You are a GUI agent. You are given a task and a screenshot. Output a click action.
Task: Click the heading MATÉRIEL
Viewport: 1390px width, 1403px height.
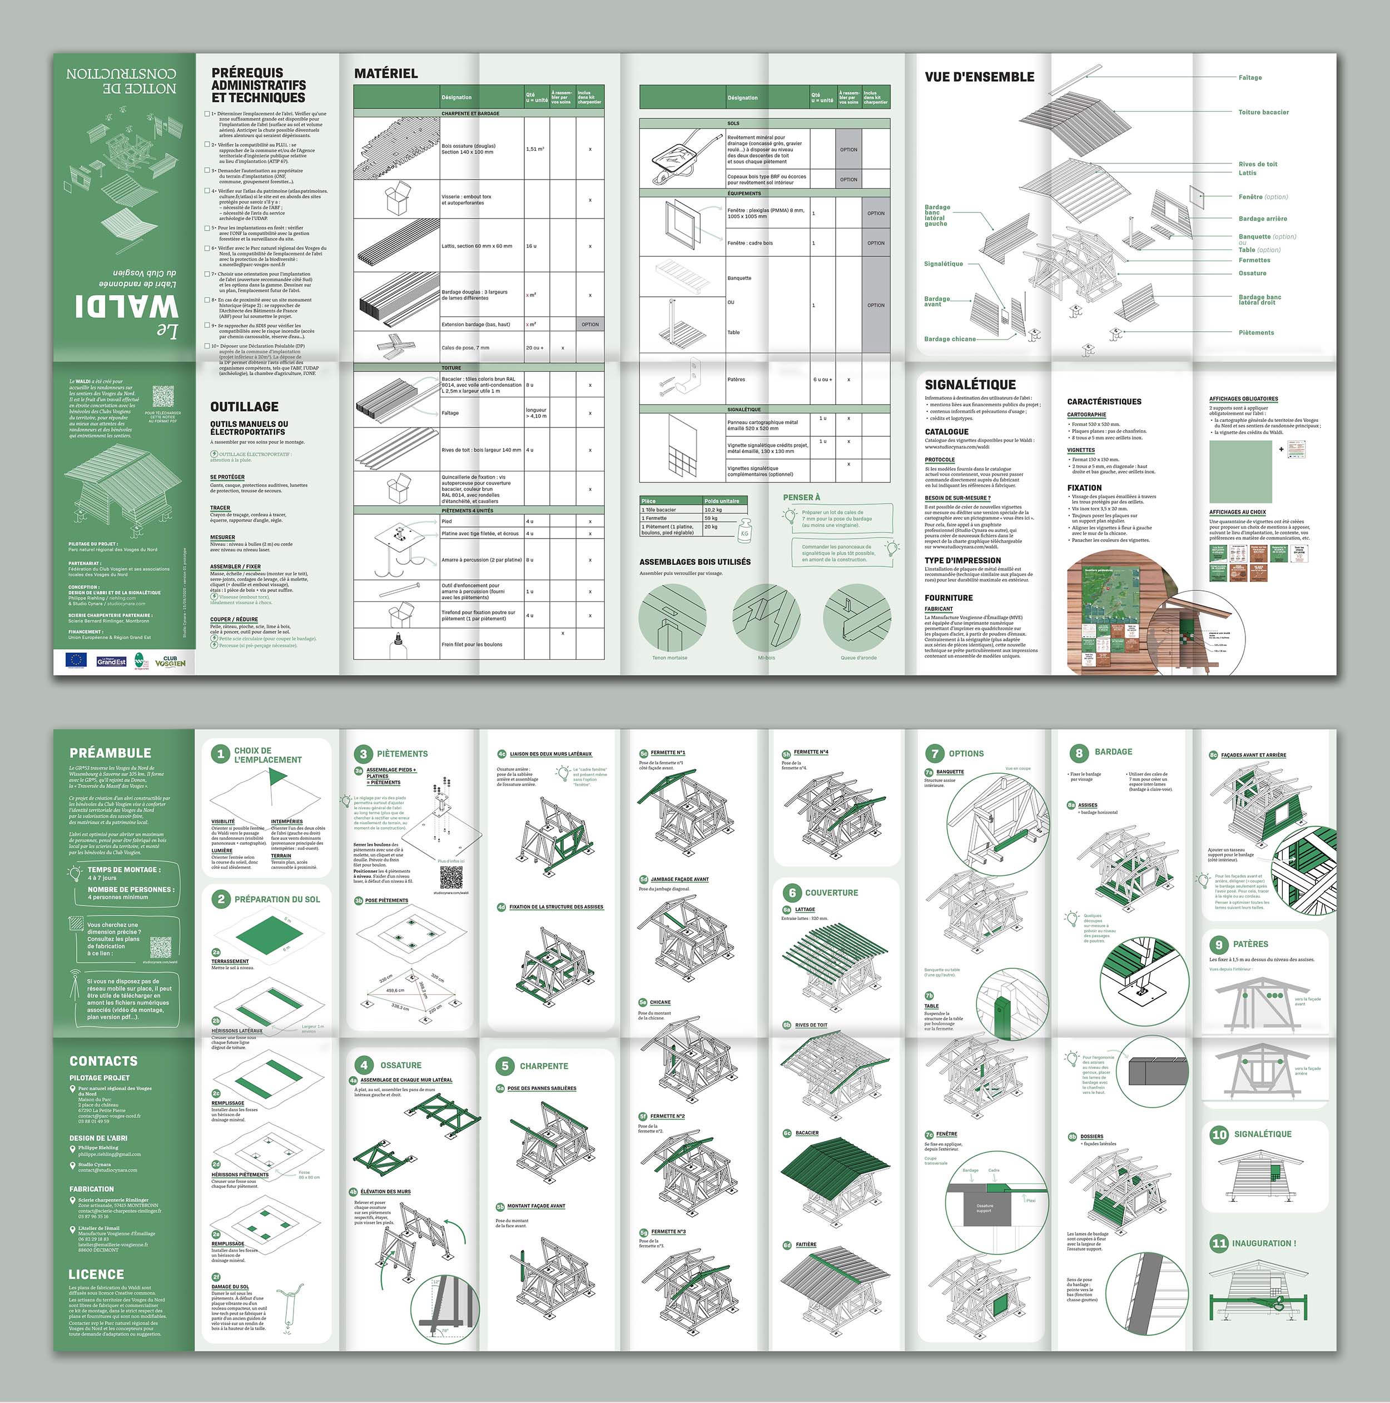tap(386, 73)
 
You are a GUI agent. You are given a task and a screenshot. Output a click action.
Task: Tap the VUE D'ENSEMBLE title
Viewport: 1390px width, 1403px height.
tap(979, 77)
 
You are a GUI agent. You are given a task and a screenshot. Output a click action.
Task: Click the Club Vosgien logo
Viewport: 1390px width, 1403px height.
tap(170, 661)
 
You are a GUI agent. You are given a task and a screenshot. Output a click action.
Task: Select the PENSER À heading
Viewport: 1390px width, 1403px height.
tap(801, 497)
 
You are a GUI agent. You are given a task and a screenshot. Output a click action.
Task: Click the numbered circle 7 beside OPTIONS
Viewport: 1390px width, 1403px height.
tap(935, 754)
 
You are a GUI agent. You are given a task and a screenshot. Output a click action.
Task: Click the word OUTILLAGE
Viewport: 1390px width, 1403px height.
tap(244, 407)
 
